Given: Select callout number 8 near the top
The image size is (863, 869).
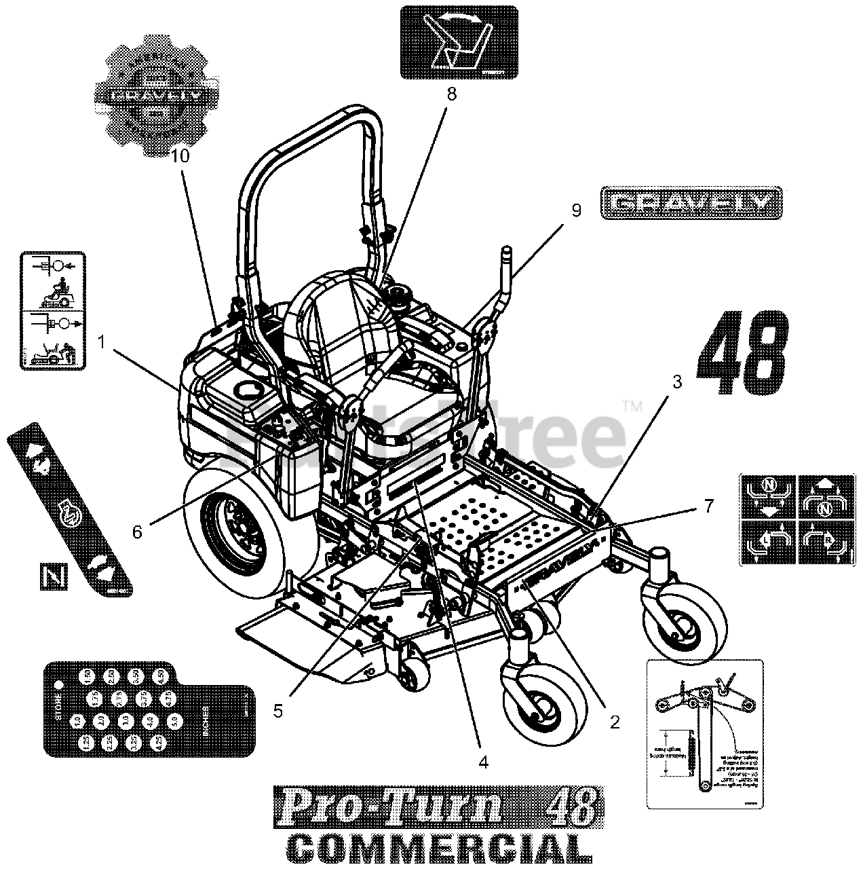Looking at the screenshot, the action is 451,94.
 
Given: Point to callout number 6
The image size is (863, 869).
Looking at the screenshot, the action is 137,532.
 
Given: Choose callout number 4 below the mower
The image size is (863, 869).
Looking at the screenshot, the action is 483,762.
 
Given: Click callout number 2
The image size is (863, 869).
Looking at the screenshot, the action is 615,722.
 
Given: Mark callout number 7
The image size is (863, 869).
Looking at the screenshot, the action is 708,506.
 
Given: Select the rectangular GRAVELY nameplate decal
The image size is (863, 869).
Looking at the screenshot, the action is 691,203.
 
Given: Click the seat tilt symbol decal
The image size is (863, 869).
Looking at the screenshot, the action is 459,42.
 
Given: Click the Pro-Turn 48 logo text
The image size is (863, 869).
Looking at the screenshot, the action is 437,807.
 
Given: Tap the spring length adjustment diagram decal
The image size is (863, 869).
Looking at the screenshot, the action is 705,734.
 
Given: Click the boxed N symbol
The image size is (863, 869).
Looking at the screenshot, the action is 48,578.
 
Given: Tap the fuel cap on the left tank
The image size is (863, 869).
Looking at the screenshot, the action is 244,388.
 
